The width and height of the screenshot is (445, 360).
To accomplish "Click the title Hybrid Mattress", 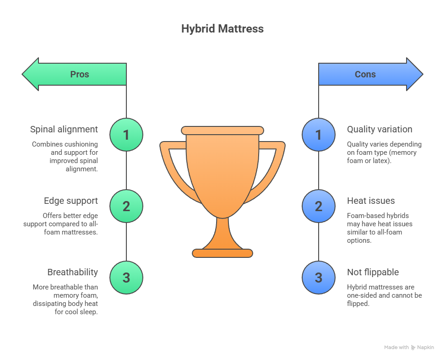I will click(222, 28).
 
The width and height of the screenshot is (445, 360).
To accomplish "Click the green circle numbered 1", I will click(126, 135).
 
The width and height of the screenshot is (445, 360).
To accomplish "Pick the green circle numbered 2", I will click(126, 206).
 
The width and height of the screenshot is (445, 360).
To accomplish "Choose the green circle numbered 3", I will click(126, 278).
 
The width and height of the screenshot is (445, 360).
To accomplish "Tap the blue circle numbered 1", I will click(319, 135).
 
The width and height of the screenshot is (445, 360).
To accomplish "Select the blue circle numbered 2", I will click(319, 206).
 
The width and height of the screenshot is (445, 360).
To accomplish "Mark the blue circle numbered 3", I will click(319, 278).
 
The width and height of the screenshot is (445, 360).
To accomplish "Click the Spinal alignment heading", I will click(64, 129).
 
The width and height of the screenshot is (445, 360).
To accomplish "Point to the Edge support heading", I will click(71, 201).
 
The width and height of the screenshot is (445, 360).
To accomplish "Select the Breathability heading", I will click(72, 272).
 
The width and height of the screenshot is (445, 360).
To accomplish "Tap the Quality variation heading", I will click(380, 129).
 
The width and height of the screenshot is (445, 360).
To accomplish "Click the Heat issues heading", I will click(371, 201).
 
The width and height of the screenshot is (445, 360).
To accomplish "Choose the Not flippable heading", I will click(373, 272).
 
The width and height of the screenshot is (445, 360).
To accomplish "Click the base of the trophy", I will click(222, 253).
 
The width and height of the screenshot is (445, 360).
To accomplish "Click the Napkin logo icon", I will click(413, 348).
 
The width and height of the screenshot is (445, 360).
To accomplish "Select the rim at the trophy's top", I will click(222, 131).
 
